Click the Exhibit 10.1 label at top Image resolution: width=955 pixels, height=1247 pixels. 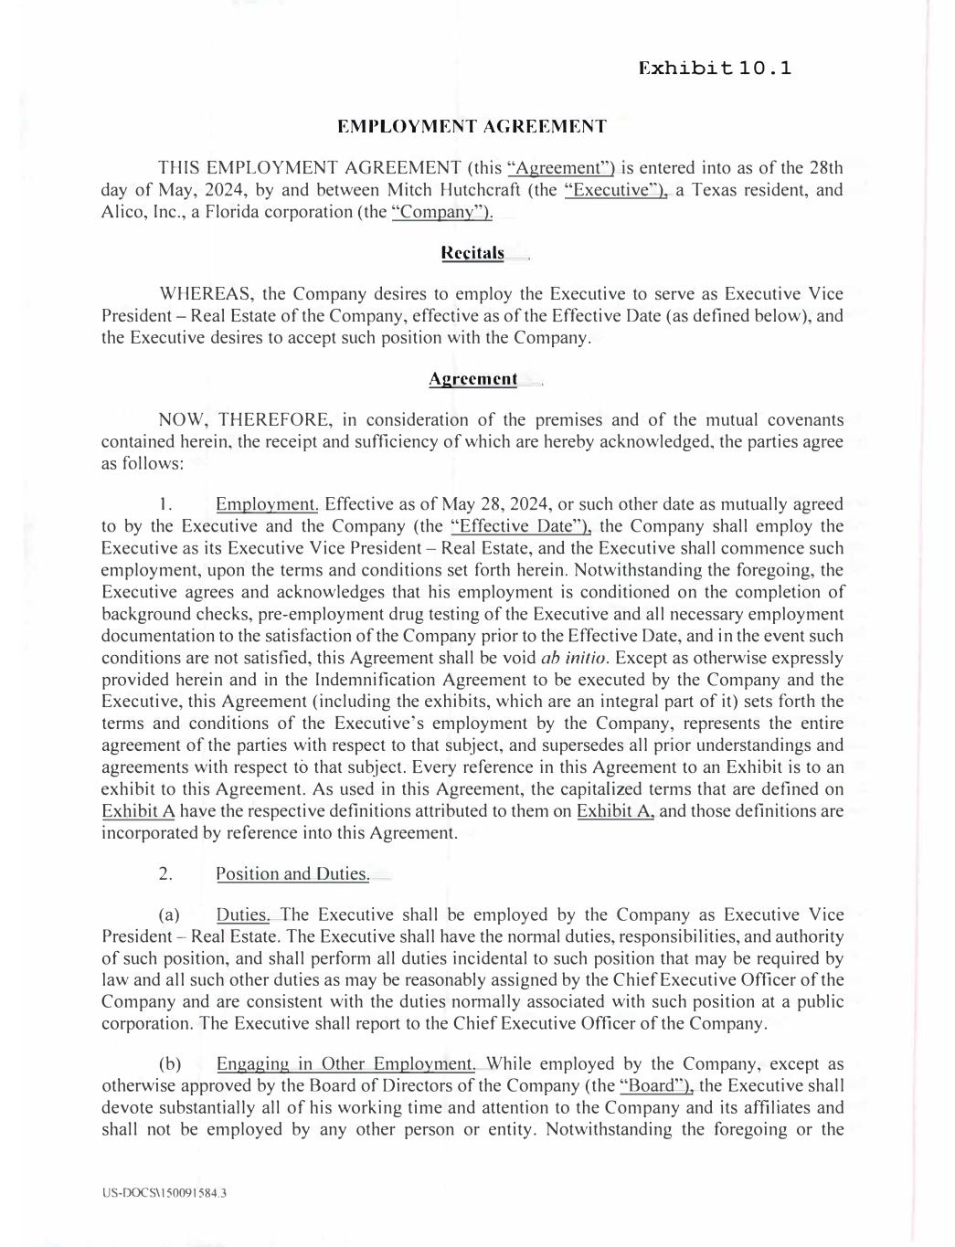click(x=715, y=69)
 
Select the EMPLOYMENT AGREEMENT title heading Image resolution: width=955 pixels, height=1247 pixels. click(x=472, y=126)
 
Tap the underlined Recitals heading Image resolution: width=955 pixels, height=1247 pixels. click(x=472, y=253)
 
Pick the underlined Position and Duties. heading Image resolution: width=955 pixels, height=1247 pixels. click(x=292, y=874)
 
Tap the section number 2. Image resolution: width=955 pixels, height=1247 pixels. click(x=165, y=874)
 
